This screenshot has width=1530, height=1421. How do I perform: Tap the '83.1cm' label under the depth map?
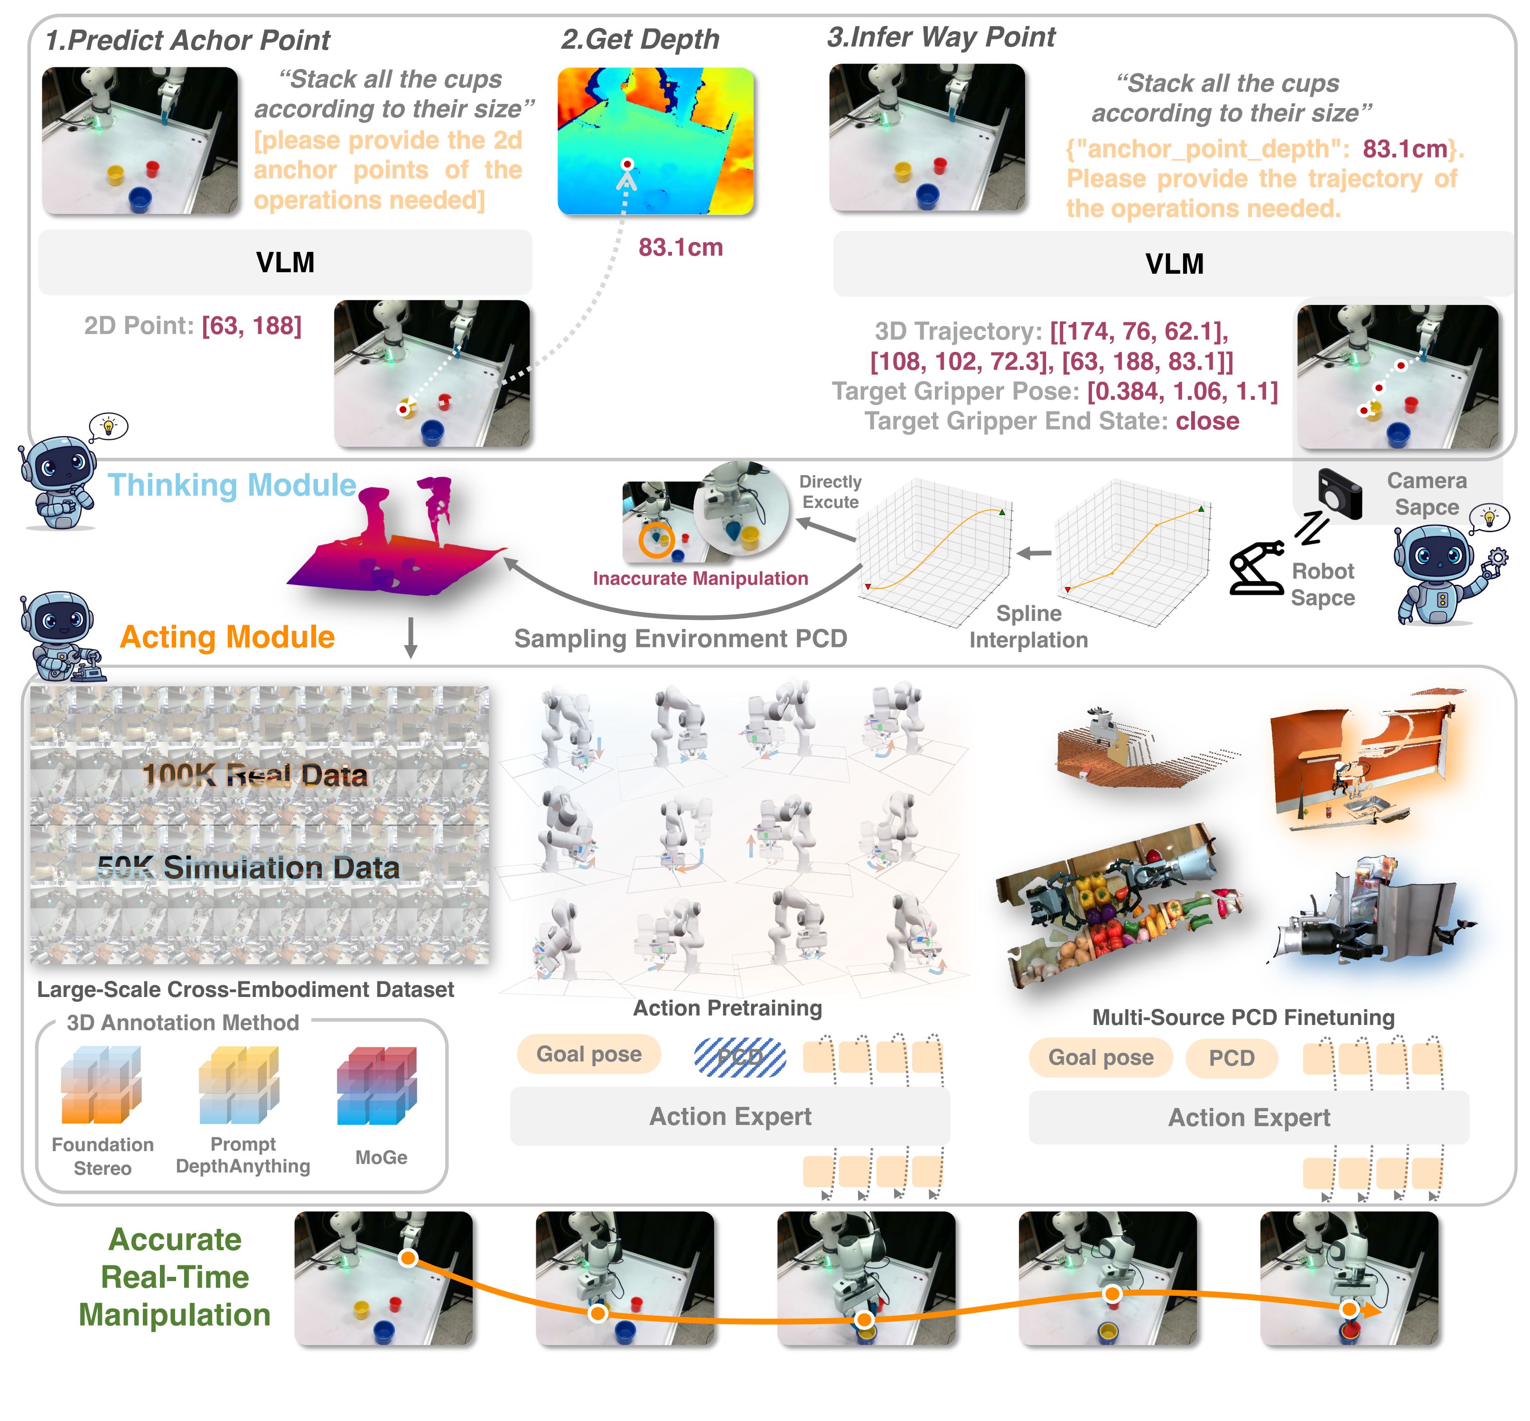(x=680, y=248)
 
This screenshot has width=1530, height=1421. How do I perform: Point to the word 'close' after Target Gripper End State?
(x=1207, y=421)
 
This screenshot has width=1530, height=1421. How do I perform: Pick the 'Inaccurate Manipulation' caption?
(x=700, y=578)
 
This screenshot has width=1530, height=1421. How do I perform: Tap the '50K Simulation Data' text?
(x=249, y=867)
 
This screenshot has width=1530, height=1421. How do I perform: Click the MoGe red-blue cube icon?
(x=376, y=1085)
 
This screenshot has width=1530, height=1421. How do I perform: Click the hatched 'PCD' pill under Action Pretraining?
(x=740, y=1057)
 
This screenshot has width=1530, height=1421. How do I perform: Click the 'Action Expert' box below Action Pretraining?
(x=729, y=1116)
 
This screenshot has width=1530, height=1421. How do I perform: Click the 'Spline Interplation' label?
(x=1028, y=626)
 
